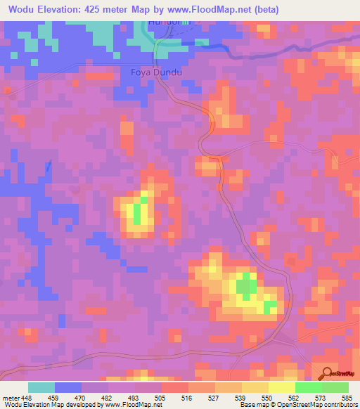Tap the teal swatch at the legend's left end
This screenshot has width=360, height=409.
click(x=41, y=387)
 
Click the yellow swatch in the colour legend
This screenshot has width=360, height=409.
click(x=282, y=387)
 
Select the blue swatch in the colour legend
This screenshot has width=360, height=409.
click(x=68, y=387)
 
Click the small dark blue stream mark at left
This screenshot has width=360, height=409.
click(x=49, y=167)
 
